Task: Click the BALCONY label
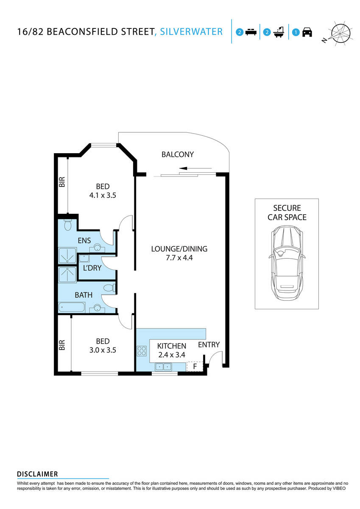(x=177, y=154)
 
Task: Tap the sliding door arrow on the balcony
(x=187, y=168)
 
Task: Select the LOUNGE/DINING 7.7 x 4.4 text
(x=179, y=253)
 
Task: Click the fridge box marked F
(x=195, y=366)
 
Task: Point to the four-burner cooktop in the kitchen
(x=141, y=351)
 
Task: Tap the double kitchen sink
(x=163, y=367)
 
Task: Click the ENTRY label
(x=209, y=345)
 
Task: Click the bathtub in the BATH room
(x=72, y=308)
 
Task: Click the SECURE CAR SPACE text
(x=287, y=213)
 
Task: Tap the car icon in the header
(x=307, y=32)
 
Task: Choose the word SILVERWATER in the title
(x=191, y=31)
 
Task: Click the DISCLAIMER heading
(x=37, y=474)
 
